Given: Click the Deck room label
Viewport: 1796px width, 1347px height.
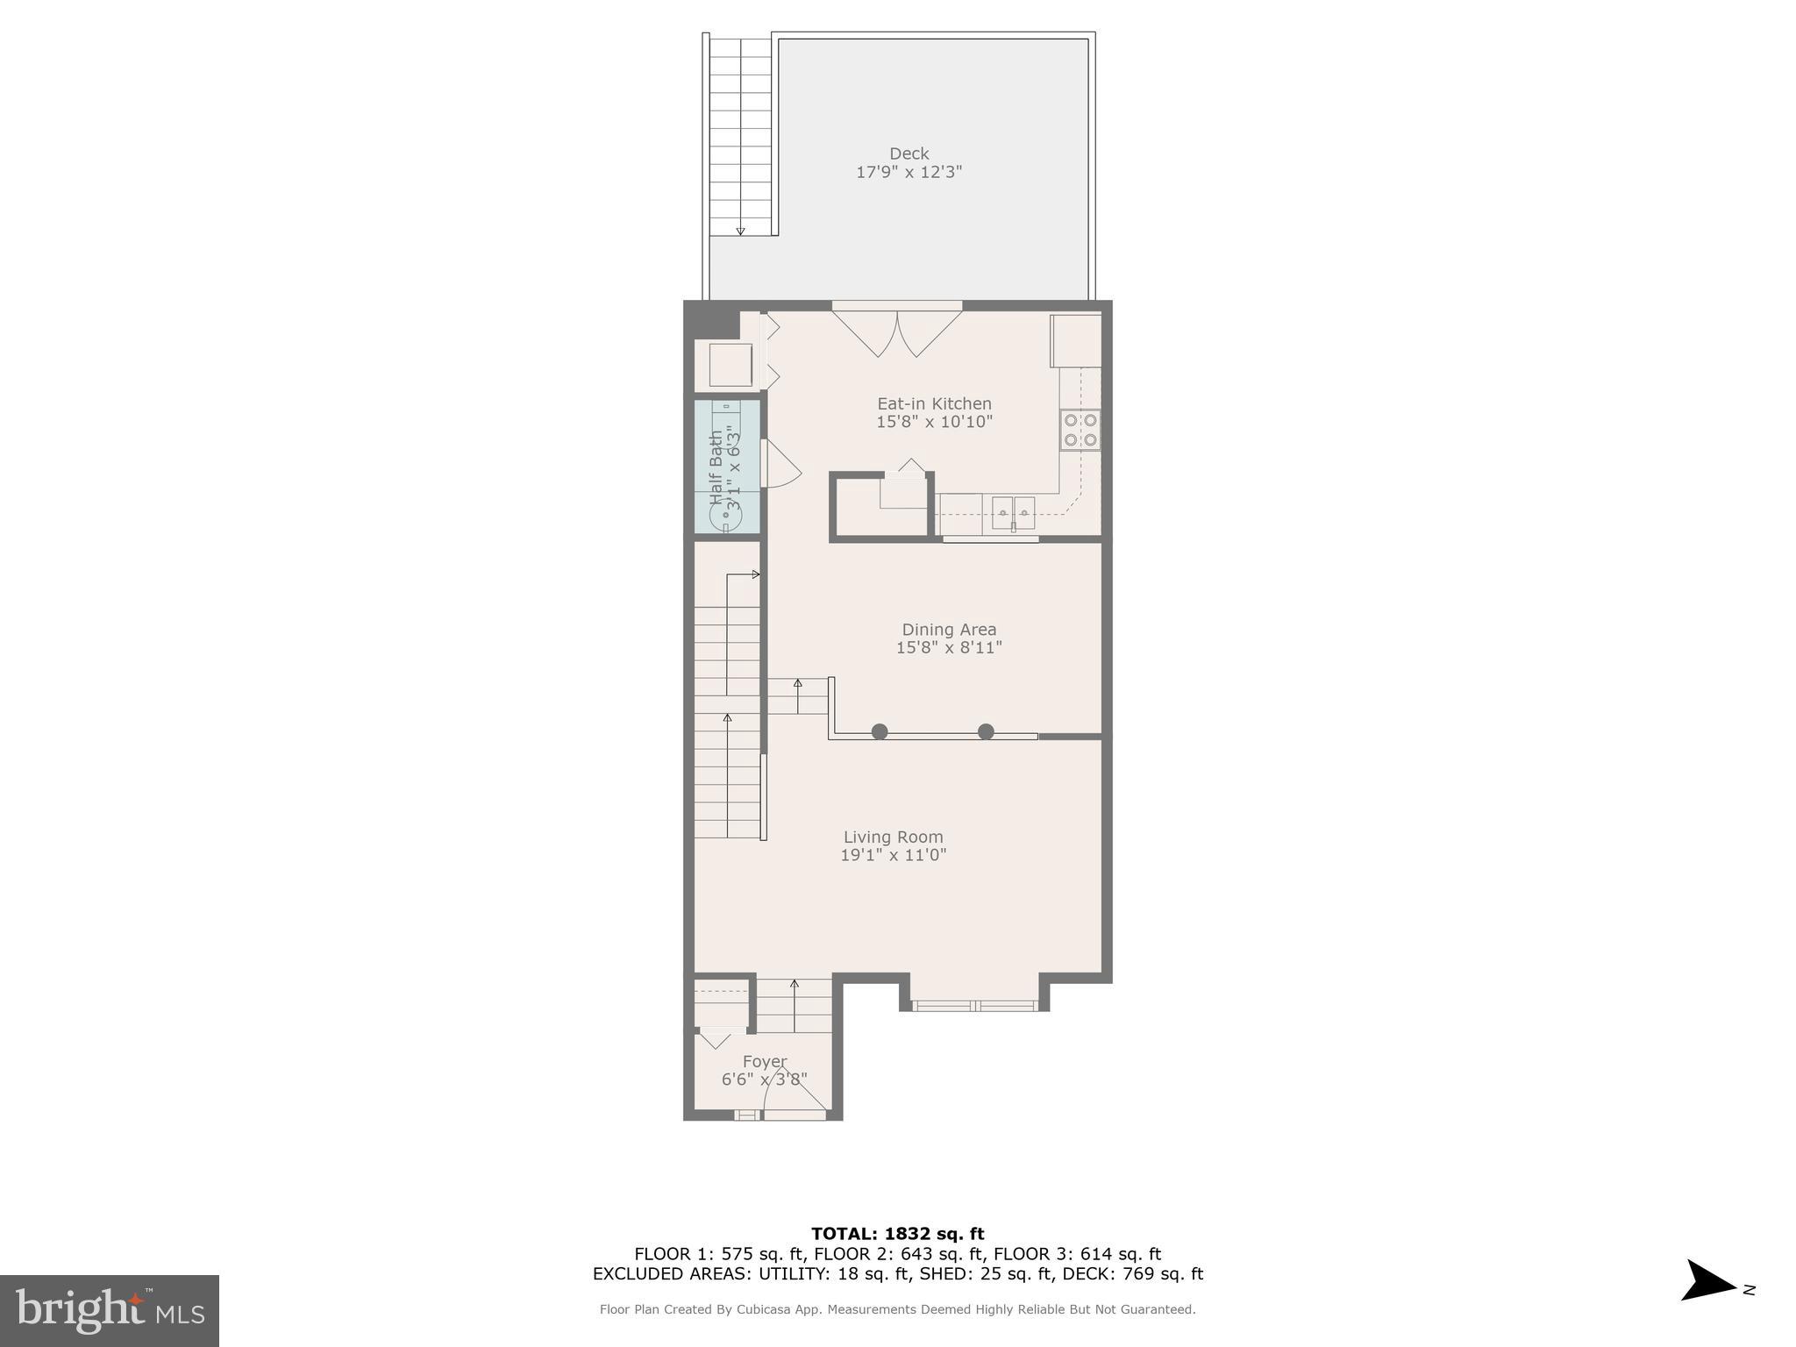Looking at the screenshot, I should (909, 153).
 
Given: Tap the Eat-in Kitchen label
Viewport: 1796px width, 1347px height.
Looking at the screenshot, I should (934, 403).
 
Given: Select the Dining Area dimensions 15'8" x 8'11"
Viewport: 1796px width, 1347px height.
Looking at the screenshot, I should (948, 648).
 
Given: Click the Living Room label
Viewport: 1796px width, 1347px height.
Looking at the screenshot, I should (893, 837).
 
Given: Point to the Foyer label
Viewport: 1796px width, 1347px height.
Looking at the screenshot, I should (764, 1061).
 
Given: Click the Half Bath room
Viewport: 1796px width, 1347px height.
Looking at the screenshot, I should (726, 467).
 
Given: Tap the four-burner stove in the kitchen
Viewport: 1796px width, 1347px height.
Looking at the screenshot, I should (1080, 430).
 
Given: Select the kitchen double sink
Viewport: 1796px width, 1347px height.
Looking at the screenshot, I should (1013, 512).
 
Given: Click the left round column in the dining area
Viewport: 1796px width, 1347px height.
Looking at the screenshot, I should (880, 731).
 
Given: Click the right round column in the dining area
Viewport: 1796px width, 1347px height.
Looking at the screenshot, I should (986, 731).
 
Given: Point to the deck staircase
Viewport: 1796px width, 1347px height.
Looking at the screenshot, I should (740, 136).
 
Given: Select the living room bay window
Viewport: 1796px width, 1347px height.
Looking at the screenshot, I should (974, 1006).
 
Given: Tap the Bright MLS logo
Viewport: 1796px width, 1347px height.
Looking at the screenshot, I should (109, 1310).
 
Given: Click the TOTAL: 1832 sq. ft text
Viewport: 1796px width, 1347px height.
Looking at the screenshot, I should (897, 1234).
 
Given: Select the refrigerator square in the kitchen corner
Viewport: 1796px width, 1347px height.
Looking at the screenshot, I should (1076, 340).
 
